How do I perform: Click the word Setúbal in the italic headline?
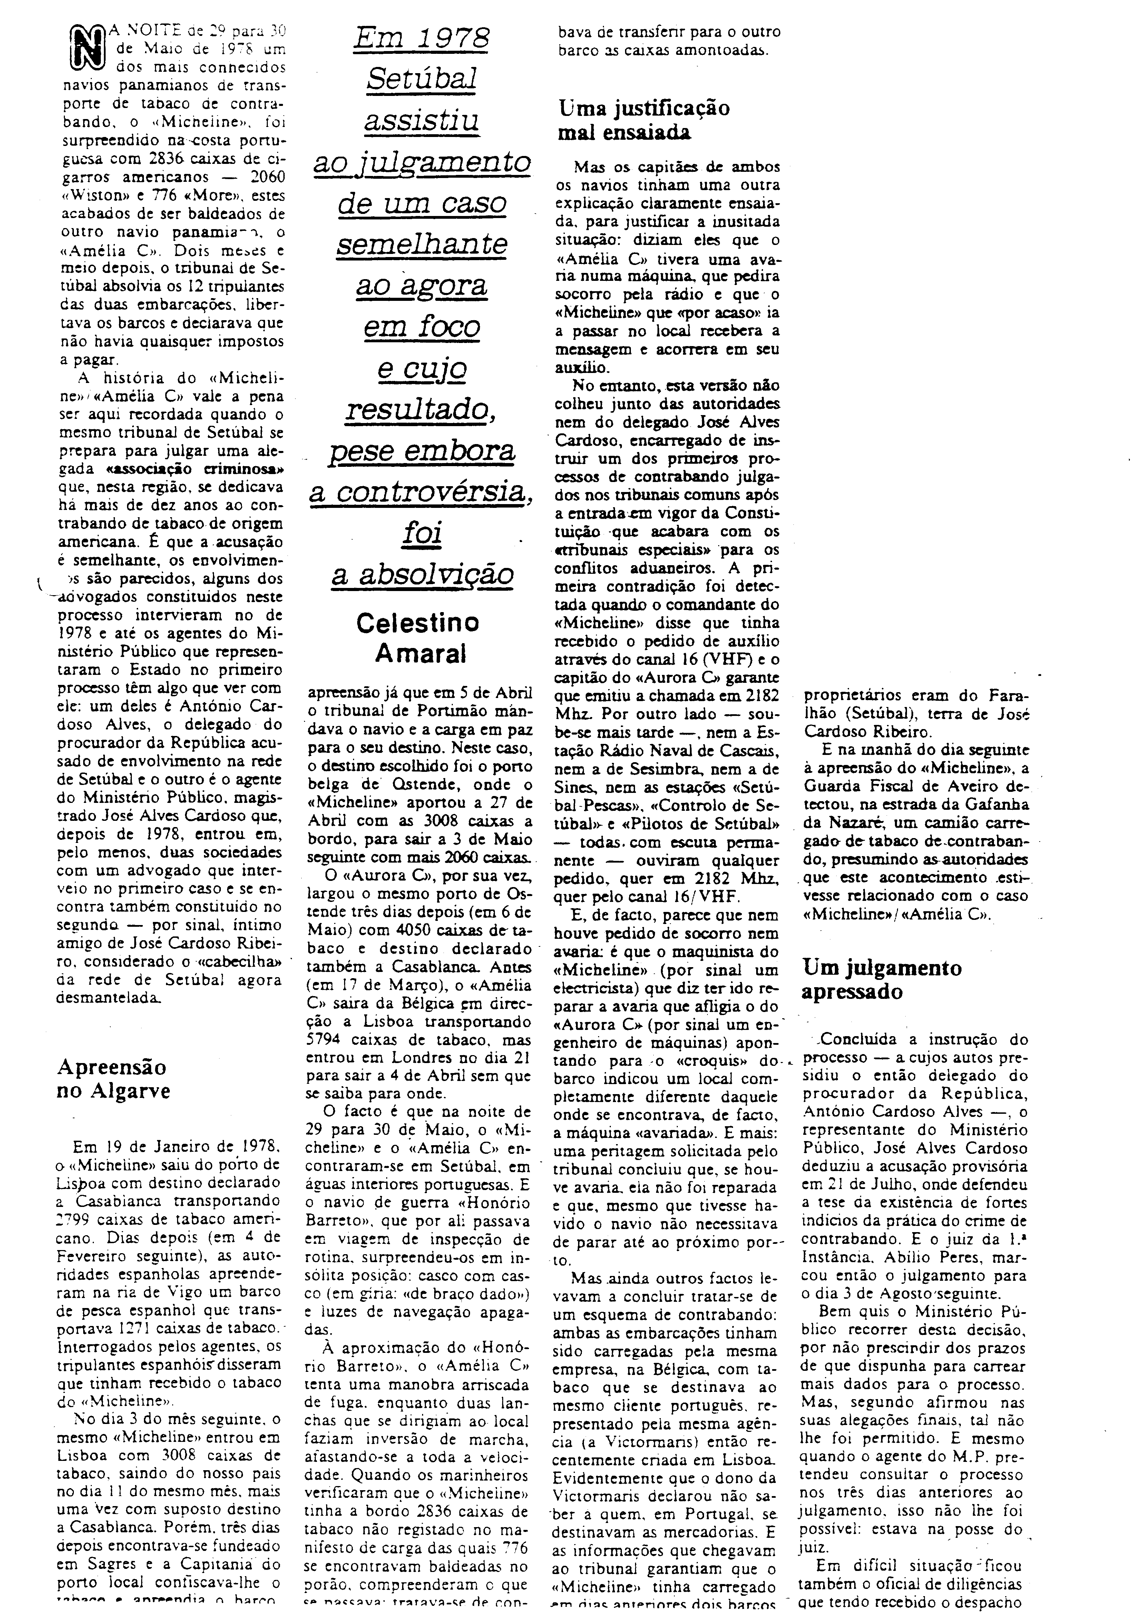click(421, 79)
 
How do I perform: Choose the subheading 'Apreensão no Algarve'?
click(113, 1079)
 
